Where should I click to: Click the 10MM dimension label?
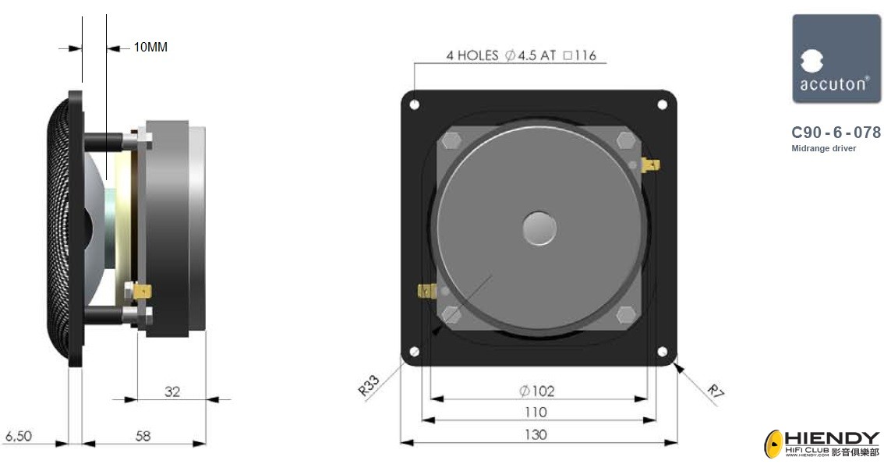tap(150, 47)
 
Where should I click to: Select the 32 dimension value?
tap(172, 391)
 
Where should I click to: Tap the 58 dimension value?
tap(143, 436)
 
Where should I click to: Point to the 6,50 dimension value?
tap(19, 436)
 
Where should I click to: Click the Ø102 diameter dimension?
tap(536, 391)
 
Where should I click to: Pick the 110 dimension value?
tap(536, 412)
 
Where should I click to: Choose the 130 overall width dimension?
tap(536, 434)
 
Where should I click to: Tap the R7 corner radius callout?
tap(716, 391)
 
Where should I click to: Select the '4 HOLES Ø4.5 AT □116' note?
tap(521, 55)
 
